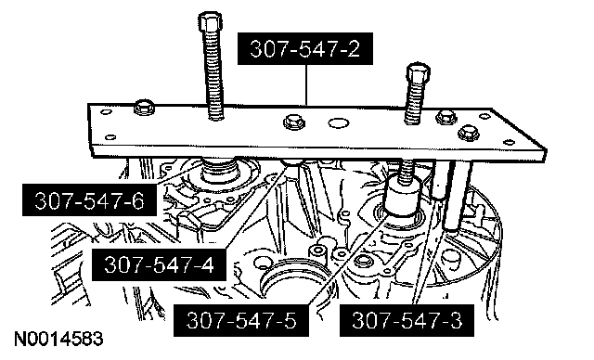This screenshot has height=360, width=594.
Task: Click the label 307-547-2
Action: pos(305,48)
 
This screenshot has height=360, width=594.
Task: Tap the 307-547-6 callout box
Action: pos(89,199)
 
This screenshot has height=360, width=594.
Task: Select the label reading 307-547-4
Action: pos(159,264)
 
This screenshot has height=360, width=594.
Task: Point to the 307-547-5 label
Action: pos(241,320)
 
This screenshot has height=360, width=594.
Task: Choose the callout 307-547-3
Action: pos(407,320)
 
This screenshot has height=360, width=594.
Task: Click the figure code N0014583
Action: pos(58,339)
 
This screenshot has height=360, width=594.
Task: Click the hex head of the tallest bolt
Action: pos(210,21)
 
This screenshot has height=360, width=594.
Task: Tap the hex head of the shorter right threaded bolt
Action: pos(419,73)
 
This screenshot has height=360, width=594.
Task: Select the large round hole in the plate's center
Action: pos(339,122)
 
